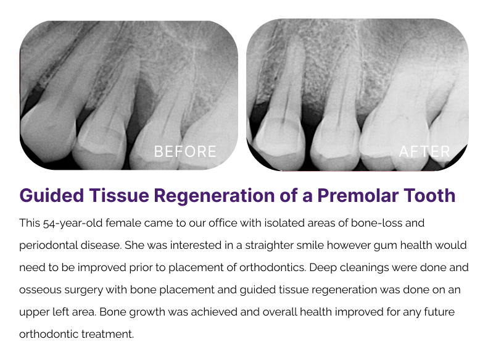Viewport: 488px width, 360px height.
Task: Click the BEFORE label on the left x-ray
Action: point(185,152)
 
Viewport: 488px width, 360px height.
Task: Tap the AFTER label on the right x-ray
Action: point(424,152)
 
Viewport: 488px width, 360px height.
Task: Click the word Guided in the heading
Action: point(52,196)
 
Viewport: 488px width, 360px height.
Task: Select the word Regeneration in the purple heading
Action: point(214,196)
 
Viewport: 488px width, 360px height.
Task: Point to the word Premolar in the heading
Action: point(358,196)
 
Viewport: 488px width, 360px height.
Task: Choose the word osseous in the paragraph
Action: point(41,290)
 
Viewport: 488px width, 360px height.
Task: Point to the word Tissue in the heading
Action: point(119,196)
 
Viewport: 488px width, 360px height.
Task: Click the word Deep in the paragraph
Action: point(323,268)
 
